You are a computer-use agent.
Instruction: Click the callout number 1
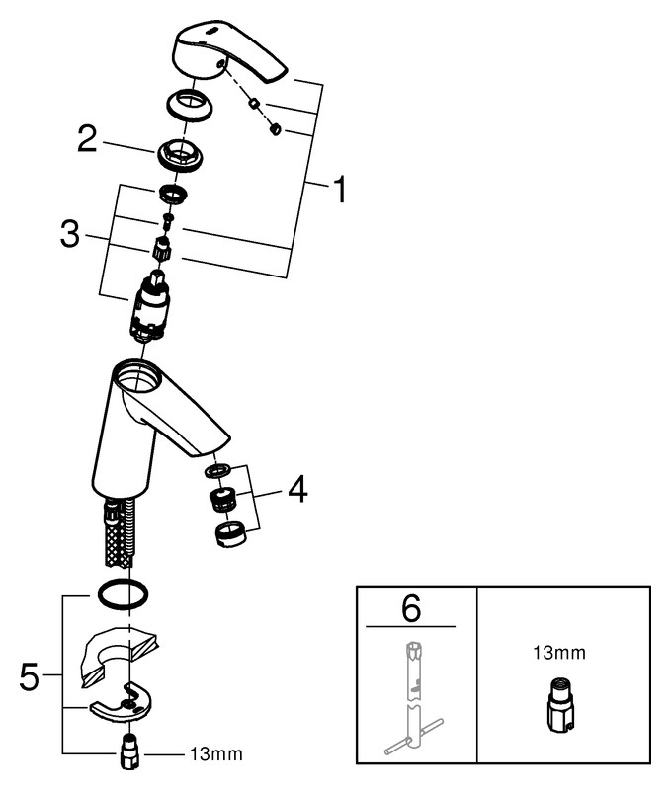click(338, 189)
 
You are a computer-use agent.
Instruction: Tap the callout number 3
click(69, 234)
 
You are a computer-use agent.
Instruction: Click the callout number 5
click(32, 677)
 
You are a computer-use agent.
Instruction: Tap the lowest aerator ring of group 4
click(229, 535)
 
